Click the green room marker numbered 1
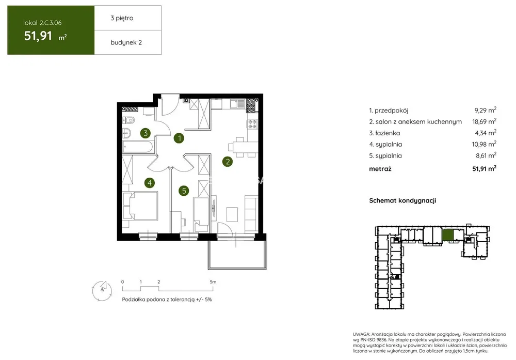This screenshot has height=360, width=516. point(179,138)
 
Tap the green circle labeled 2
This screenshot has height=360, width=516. point(228,161)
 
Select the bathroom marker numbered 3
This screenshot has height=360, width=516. point(146,133)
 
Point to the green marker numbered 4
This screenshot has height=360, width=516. point(150,183)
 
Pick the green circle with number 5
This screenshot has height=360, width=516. point(184,191)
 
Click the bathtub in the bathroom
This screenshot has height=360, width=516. point(138,147)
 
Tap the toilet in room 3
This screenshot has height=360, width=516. point(128,120)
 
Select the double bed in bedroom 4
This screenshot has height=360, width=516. point(140,206)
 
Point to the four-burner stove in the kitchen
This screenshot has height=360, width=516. point(252,124)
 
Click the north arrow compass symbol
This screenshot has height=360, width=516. point(102,290)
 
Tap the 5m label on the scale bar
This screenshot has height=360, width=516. point(213,282)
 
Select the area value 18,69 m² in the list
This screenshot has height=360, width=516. point(484,121)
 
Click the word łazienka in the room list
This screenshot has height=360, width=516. point(388,133)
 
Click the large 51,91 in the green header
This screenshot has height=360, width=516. point(38,36)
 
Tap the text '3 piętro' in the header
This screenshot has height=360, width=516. point(122,18)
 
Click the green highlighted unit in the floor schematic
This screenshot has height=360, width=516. point(447,235)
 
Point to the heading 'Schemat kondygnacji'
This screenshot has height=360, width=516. point(402,200)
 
